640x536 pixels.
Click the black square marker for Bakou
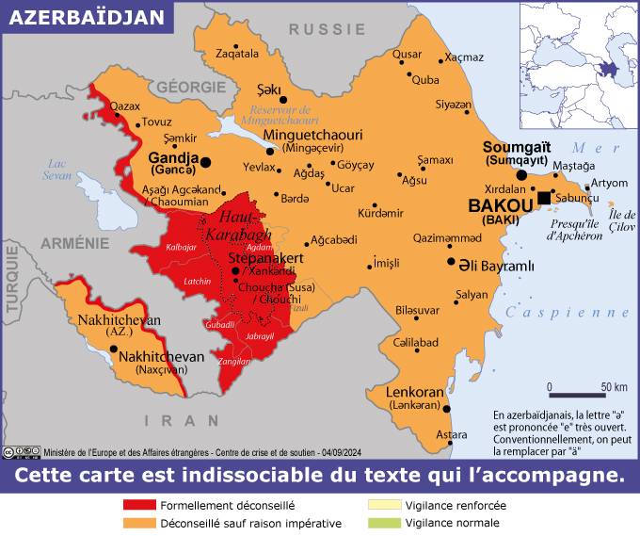[544, 197]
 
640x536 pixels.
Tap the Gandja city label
[174, 157]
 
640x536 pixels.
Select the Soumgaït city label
[515, 148]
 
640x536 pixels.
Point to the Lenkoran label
[414, 391]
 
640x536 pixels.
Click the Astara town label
[452, 434]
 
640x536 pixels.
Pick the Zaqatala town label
[237, 54]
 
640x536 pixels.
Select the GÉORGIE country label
[191, 87]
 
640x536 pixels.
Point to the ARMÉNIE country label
[74, 243]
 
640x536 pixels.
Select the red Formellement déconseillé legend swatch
[139, 505]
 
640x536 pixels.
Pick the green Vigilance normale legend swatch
[384, 523]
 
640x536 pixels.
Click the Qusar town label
[407, 54]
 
